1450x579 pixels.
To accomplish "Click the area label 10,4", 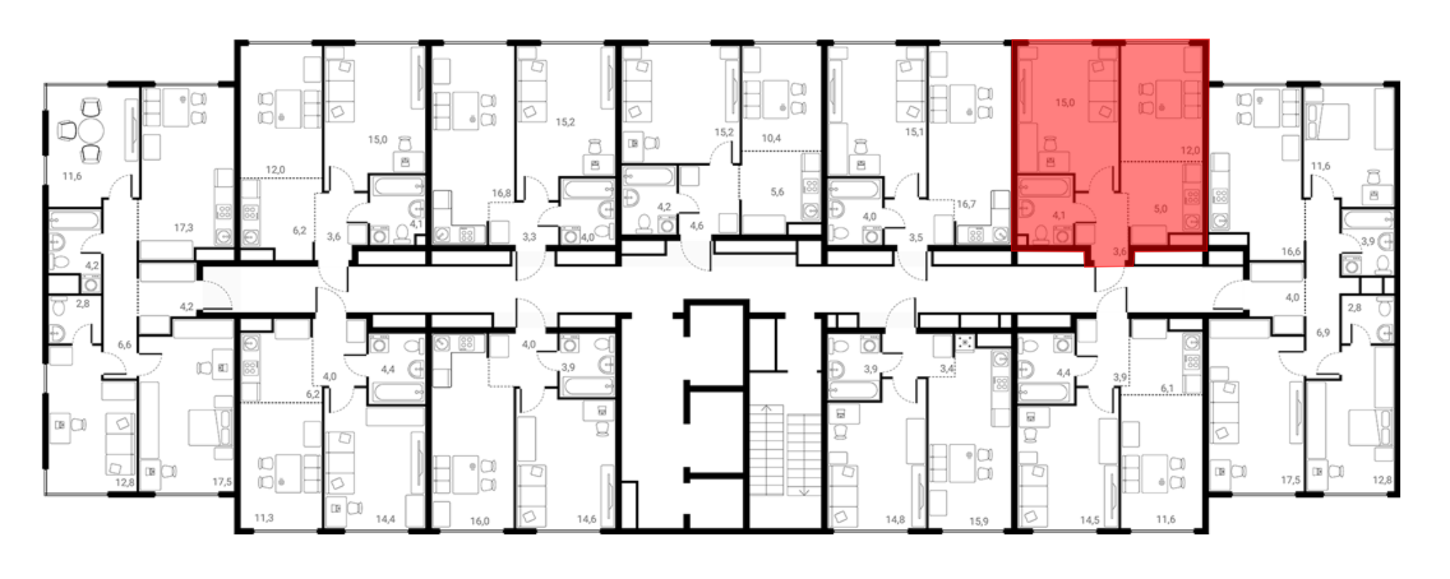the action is (x=771, y=138).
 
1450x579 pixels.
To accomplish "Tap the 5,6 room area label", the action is (x=777, y=192).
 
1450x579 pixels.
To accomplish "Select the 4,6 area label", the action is (x=697, y=226).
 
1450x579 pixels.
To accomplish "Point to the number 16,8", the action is (x=501, y=193).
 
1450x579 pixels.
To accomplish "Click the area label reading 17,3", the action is (x=183, y=227).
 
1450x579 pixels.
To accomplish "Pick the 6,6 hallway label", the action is (x=125, y=345).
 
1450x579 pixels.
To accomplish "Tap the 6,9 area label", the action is (x=1323, y=332).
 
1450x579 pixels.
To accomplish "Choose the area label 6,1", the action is (x=1167, y=388).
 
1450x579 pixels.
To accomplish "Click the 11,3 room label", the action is (x=264, y=518).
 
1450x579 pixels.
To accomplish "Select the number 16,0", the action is (x=479, y=521).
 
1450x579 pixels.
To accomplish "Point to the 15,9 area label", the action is (x=979, y=521).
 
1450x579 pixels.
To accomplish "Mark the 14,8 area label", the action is (x=895, y=520).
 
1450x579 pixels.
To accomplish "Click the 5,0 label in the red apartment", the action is (x=1161, y=209).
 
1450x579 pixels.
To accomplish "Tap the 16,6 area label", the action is (x=1290, y=252).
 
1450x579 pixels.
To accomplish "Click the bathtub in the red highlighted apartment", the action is (x=1044, y=187).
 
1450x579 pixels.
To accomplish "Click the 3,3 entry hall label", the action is (x=529, y=237).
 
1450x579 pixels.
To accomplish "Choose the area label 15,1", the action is (x=913, y=132).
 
